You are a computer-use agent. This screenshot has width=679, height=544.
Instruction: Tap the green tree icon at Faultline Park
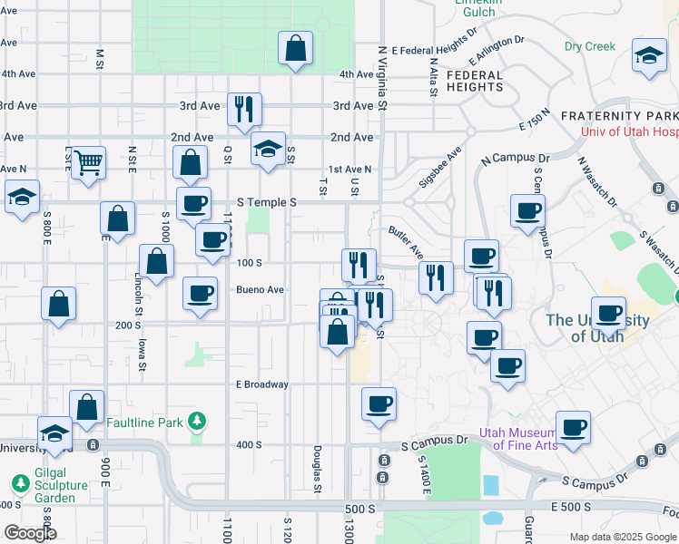(195, 423)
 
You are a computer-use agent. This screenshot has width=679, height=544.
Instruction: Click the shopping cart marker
(88, 163)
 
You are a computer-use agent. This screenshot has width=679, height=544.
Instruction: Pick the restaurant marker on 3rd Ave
(244, 109)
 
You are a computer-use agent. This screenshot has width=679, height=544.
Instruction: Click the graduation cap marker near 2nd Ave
(268, 151)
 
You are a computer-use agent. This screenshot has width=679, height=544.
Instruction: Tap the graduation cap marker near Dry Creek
(651, 54)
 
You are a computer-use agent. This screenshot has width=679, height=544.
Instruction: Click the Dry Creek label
(590, 46)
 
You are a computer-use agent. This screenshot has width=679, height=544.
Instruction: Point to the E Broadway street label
(262, 384)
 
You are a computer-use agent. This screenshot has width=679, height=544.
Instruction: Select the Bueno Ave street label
(261, 290)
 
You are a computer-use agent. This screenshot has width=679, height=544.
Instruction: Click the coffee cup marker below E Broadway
(379, 403)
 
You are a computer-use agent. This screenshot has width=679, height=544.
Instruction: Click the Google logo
(29, 533)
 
